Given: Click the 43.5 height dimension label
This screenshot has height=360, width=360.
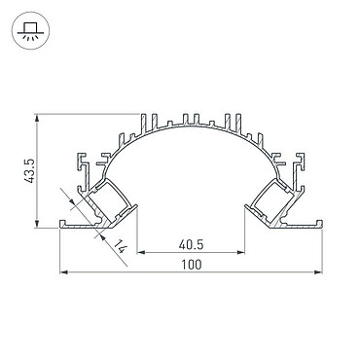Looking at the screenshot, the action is pyautogui.click(x=30, y=170).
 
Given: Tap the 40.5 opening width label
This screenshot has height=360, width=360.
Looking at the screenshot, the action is pyautogui.click(x=191, y=245).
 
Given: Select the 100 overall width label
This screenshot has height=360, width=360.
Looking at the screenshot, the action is pyautogui.click(x=191, y=265).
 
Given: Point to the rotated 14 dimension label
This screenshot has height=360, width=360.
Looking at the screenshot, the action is pyautogui.click(x=120, y=246).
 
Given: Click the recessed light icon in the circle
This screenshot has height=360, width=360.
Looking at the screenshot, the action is pyautogui.click(x=30, y=31).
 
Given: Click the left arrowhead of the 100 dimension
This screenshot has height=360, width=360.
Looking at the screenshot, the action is pyautogui.click(x=64, y=272).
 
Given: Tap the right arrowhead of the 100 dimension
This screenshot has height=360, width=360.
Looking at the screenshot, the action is pyautogui.click(x=318, y=272).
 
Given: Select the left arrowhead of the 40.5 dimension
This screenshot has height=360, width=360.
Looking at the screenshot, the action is pyautogui.click(x=142, y=252).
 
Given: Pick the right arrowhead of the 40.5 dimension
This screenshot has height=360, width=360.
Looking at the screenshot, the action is pyautogui.click(x=240, y=252).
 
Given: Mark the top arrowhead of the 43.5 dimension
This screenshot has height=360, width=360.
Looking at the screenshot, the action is pyautogui.click(x=38, y=118).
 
